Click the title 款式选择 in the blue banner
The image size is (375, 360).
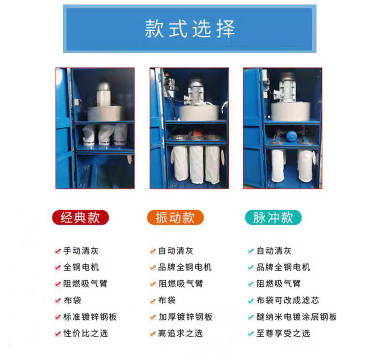189,29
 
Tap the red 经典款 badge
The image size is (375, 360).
80,218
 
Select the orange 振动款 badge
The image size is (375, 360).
175,218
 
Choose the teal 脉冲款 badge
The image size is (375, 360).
273,218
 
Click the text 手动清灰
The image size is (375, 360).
81,251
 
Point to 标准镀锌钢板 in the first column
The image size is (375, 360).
90,317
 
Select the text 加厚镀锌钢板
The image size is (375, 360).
185,317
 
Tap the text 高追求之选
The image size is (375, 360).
181,333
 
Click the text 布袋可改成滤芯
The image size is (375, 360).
288,300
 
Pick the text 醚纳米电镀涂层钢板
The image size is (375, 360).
296,317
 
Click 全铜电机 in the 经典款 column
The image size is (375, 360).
81,267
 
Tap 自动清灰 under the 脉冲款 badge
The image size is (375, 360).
274,251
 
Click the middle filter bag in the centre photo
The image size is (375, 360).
196,164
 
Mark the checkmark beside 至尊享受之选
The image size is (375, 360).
250,333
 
